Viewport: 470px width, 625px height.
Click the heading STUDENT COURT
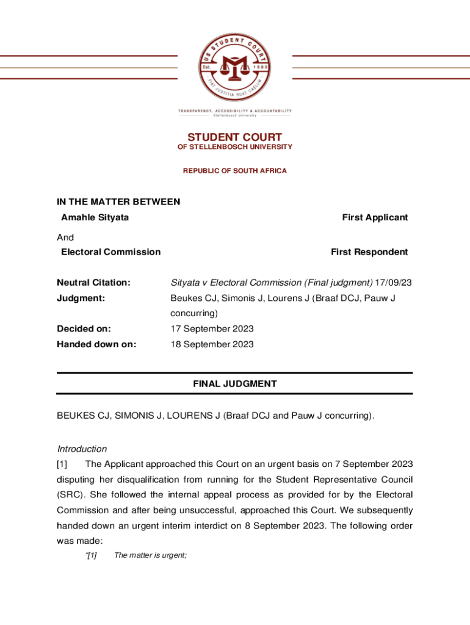(234, 137)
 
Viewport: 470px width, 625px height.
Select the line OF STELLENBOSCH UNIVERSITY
(234, 147)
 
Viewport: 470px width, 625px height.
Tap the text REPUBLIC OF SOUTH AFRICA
(234, 171)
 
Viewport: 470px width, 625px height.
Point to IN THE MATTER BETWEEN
(118, 202)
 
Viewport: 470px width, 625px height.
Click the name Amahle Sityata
(95, 217)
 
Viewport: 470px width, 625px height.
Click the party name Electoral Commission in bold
(110, 252)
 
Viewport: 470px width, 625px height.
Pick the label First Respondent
(369, 252)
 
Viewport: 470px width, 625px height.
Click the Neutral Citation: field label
(93, 283)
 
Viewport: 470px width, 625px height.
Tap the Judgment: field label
(81, 298)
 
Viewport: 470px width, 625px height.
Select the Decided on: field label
(84, 329)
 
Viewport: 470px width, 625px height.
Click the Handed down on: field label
(96, 344)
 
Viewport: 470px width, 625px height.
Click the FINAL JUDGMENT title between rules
(234, 384)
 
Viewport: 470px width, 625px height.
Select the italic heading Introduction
(82, 449)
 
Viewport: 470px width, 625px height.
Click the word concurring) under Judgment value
(193, 314)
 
